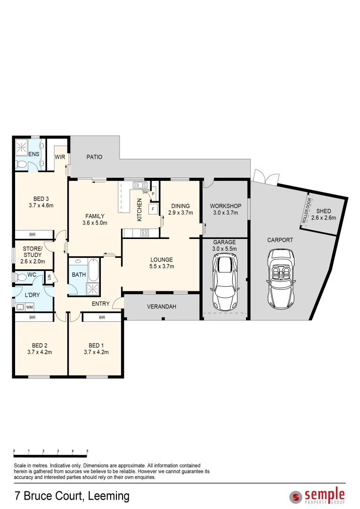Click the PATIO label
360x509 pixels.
[x=94, y=157]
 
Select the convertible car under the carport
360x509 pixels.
[x=280, y=279]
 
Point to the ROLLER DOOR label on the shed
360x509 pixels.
[x=307, y=210]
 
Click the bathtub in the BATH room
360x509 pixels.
[x=93, y=270]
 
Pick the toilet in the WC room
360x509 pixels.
[x=21, y=278]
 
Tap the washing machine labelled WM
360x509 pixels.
[x=29, y=307]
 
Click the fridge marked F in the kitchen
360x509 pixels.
[x=153, y=209]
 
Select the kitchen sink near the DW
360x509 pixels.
[x=140, y=185]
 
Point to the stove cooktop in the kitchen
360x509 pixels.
[x=145, y=233]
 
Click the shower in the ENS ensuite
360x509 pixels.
[x=22, y=148]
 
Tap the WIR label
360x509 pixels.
[x=60, y=157]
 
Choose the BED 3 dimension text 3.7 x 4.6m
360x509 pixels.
[x=41, y=205]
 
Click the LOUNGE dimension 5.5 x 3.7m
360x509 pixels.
[x=162, y=266]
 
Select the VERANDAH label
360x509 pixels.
[x=162, y=307]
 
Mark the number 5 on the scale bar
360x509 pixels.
[x=87, y=451]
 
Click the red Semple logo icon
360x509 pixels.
[x=295, y=497]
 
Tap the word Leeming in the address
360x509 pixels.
[x=109, y=496]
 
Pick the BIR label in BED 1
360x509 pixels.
[x=102, y=318]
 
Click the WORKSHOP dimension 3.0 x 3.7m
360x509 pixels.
[x=226, y=213]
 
